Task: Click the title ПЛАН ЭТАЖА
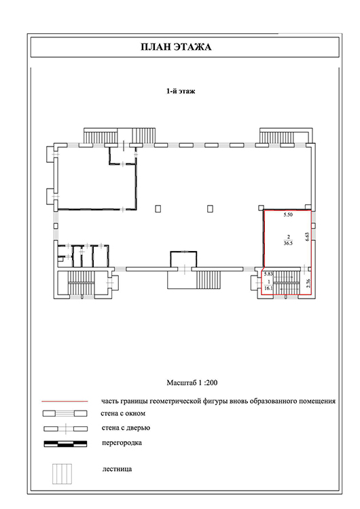(x=176, y=47)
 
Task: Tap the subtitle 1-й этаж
(x=181, y=91)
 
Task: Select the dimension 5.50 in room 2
(x=288, y=215)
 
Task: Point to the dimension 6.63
(x=307, y=236)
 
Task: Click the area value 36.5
(x=288, y=243)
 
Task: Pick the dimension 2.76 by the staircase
(x=308, y=284)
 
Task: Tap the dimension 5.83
(x=268, y=274)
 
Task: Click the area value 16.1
(x=268, y=288)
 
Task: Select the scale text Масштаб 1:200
(x=192, y=383)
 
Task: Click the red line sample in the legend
(x=65, y=402)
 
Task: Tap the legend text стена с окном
(x=123, y=413)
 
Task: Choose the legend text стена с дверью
(x=126, y=428)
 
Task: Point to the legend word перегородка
(x=122, y=443)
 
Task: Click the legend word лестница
(x=117, y=470)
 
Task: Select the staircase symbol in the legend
(x=62, y=474)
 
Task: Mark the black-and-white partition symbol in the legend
(x=65, y=444)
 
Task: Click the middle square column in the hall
(x=210, y=208)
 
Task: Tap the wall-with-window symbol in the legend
(x=65, y=413)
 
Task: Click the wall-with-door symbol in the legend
(x=65, y=428)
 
